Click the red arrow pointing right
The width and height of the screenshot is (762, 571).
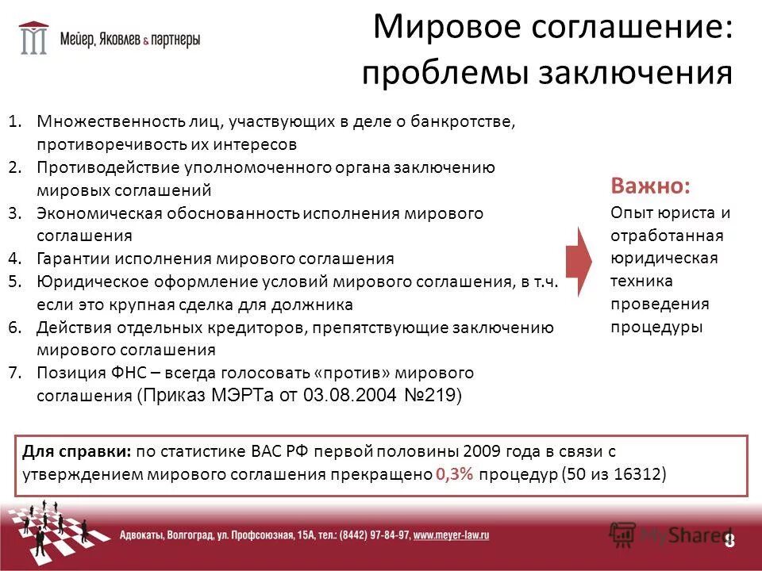(x=579, y=259)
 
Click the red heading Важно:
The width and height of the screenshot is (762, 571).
(x=650, y=187)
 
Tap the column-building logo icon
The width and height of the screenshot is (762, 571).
(x=33, y=37)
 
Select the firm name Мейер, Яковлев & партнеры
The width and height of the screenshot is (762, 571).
(x=130, y=38)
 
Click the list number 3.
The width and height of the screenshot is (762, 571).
(x=15, y=213)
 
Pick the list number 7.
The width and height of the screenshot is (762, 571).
(x=15, y=373)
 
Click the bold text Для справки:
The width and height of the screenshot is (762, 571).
(x=76, y=451)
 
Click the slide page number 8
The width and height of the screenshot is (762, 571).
(x=729, y=540)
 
